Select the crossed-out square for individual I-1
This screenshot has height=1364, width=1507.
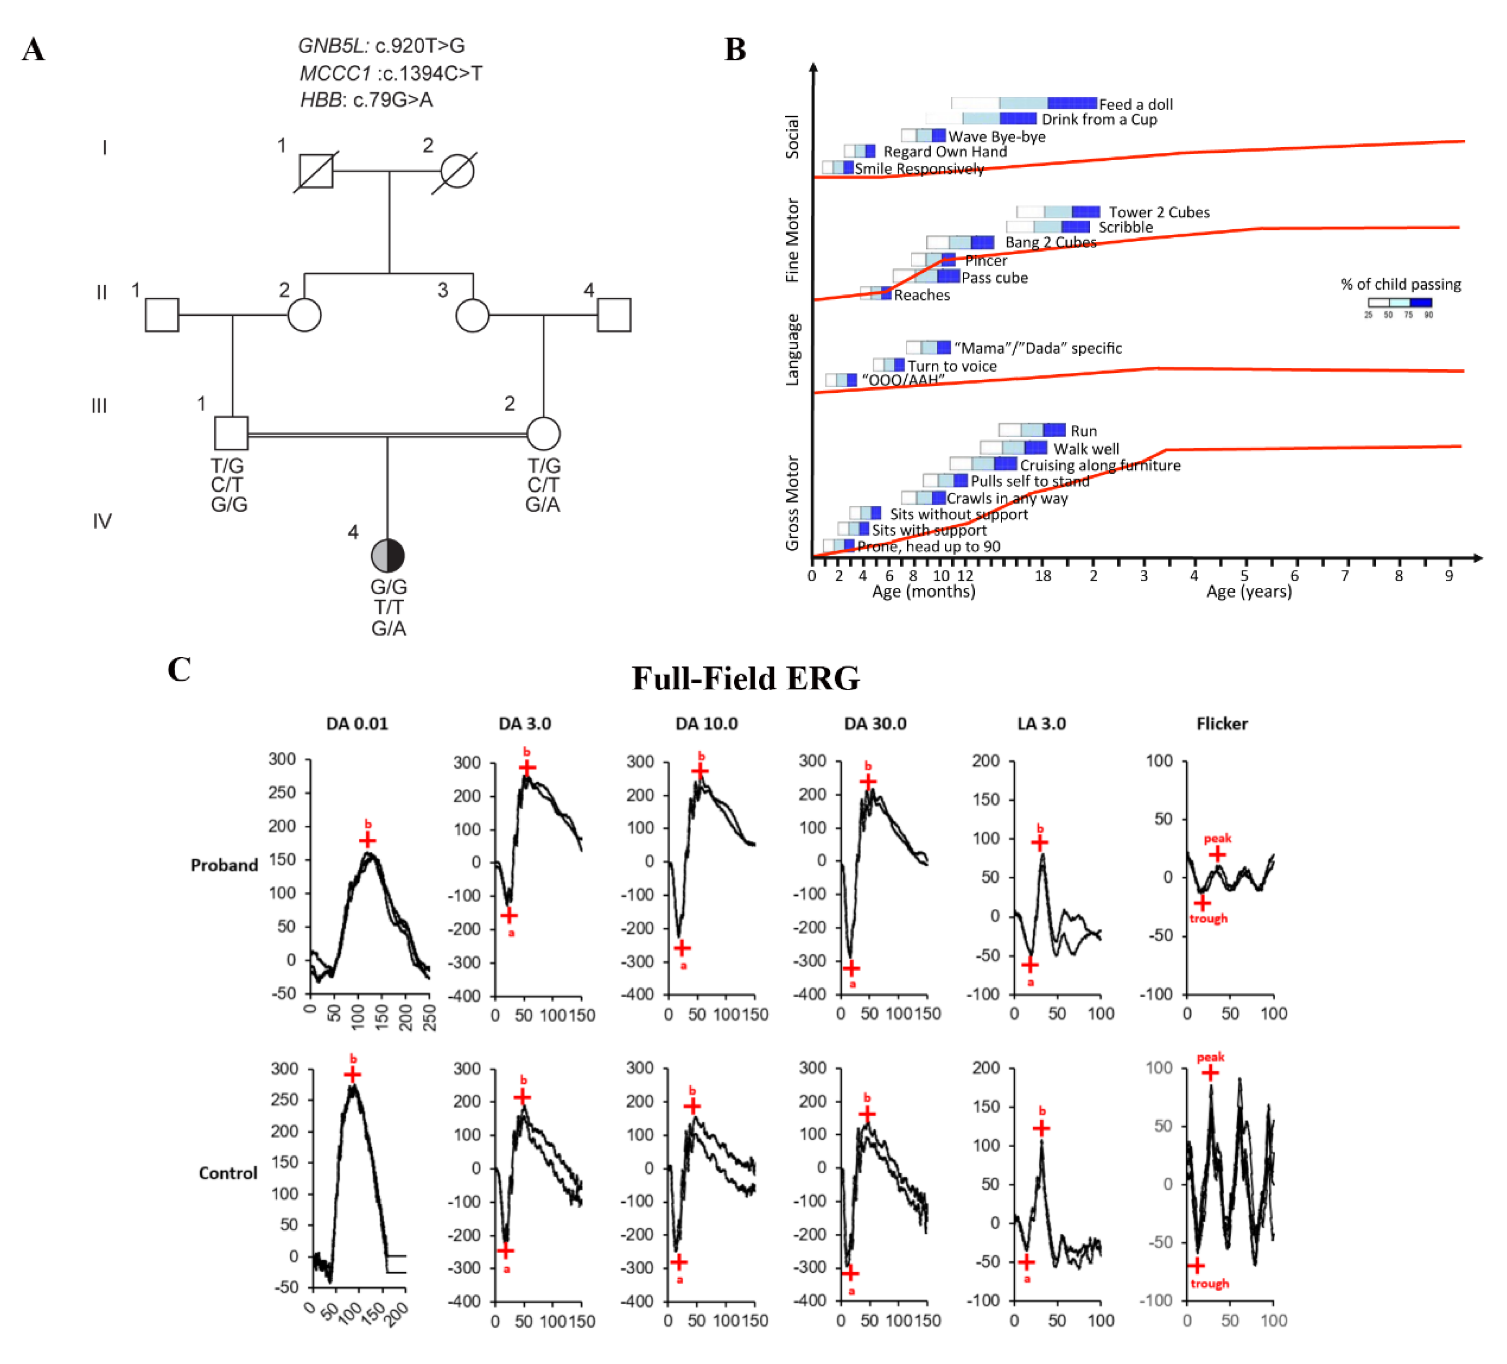click(315, 171)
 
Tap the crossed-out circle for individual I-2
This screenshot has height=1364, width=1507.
click(457, 171)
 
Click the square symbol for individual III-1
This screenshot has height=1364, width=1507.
click(231, 433)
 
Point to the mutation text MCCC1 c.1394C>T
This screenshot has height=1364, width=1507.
click(391, 73)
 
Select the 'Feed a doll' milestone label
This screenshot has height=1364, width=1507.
click(1135, 105)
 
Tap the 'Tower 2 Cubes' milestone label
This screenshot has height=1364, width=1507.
click(1159, 212)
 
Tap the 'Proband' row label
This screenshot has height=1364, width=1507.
click(224, 865)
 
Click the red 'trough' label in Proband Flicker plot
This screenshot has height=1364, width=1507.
click(1208, 918)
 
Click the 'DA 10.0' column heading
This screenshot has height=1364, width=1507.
click(706, 723)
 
